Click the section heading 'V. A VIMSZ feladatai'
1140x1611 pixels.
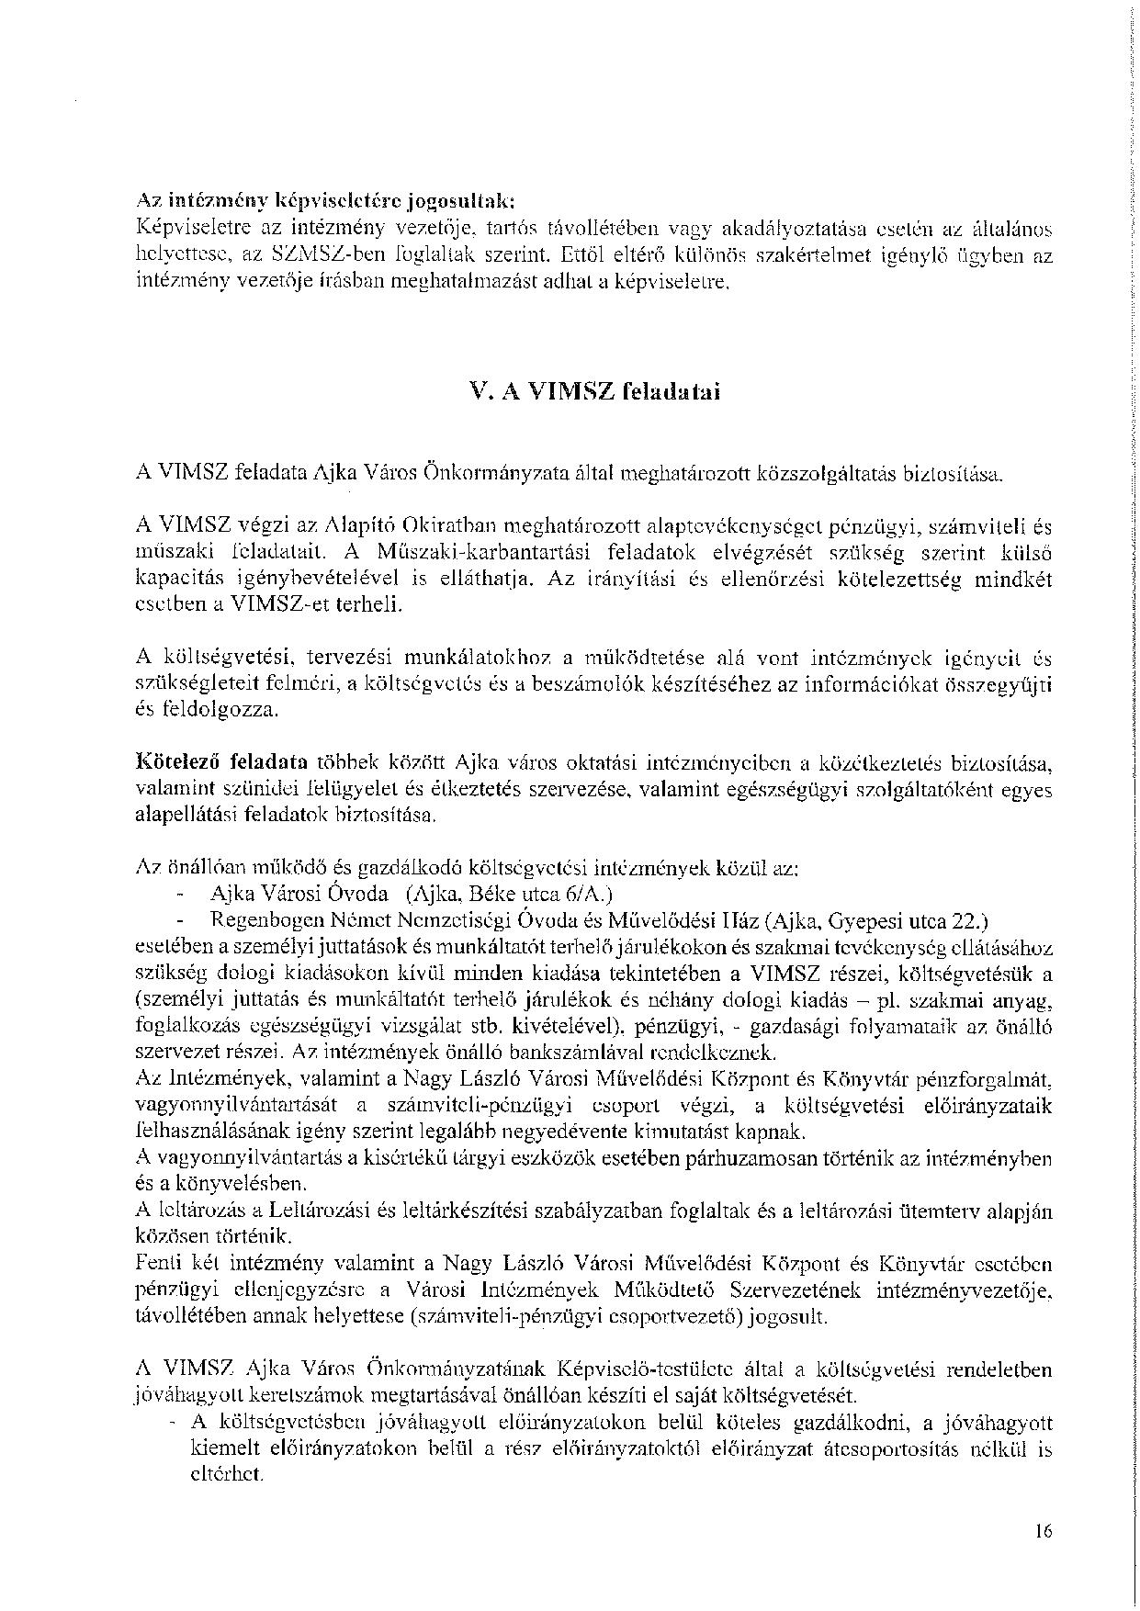(594, 391)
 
